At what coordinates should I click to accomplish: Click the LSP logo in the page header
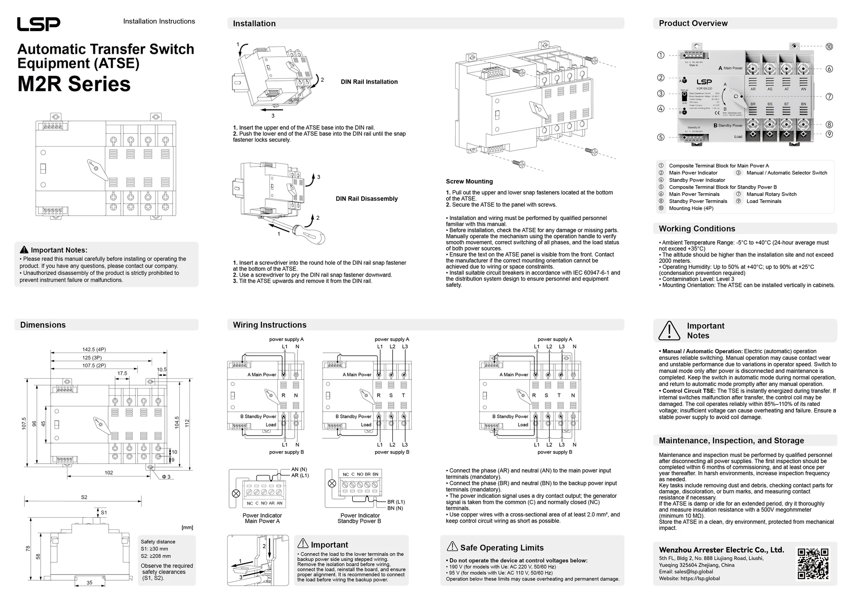tap(39, 24)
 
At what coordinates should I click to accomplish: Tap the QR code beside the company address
tap(813, 563)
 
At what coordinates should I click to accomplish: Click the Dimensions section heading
tap(43, 325)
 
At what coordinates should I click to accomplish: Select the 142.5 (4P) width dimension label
tap(94, 349)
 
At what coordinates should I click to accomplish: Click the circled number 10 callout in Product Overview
tap(829, 47)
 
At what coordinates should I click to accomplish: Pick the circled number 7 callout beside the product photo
tap(829, 97)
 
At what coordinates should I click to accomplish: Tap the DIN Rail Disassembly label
tap(367, 199)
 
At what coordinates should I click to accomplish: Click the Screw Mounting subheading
tap(469, 182)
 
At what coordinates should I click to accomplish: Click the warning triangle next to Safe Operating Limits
tap(452, 547)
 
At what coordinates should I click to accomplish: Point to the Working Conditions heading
tap(697, 229)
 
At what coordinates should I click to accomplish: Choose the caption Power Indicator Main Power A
tap(262, 518)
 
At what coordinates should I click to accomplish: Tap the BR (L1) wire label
tap(396, 502)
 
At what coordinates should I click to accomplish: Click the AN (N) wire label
tap(299, 469)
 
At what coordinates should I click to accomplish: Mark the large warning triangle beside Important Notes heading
tap(669, 330)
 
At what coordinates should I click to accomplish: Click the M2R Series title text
tap(74, 84)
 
